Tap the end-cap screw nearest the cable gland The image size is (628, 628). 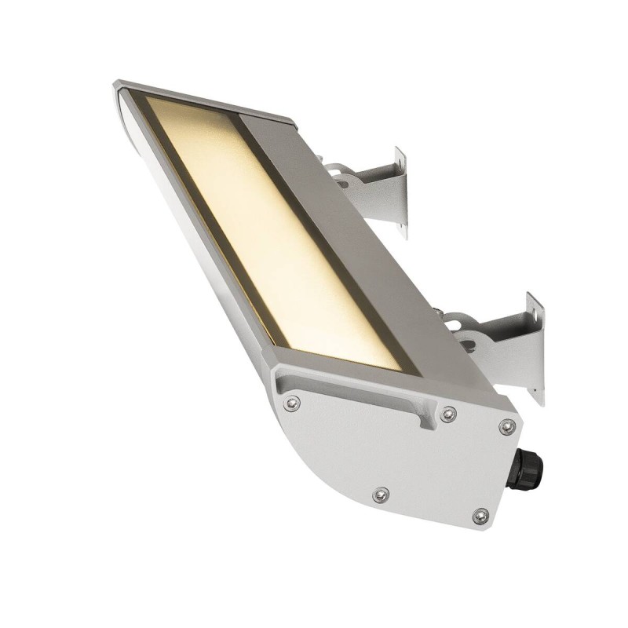(x=507, y=427)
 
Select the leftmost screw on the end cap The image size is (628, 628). (x=292, y=403)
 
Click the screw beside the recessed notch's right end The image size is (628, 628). (x=448, y=414)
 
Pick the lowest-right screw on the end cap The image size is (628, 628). (x=480, y=516)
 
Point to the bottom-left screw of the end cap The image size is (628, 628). (x=381, y=495)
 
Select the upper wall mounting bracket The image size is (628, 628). (x=377, y=192)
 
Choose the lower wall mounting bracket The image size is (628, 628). (x=510, y=345)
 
